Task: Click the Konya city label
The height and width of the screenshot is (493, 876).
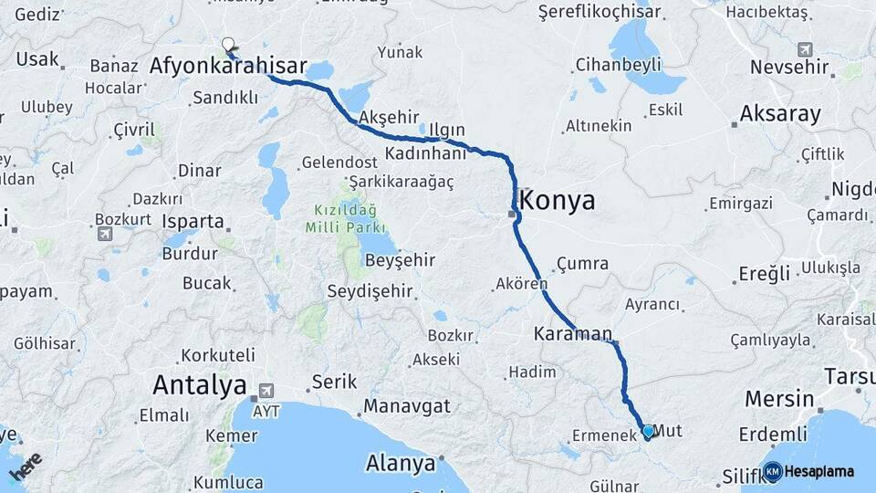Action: click(558, 201)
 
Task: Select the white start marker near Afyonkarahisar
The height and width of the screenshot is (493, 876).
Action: click(228, 44)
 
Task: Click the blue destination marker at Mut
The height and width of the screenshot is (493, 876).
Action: click(648, 431)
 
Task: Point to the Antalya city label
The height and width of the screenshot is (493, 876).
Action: click(200, 384)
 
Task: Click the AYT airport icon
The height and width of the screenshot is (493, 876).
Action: click(266, 389)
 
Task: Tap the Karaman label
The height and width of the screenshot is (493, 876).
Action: click(573, 334)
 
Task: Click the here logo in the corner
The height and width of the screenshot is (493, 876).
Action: click(25, 466)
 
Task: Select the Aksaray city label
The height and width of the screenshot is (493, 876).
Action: click(780, 114)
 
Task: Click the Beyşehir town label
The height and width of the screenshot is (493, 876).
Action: click(400, 260)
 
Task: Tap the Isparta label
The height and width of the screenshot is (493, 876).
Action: click(193, 221)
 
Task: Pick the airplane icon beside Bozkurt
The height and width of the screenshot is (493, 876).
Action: click(105, 234)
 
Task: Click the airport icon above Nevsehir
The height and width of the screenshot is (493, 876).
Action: click(804, 49)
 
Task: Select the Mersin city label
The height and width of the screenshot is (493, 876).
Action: click(779, 399)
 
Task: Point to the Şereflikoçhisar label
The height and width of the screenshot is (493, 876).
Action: click(613, 12)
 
